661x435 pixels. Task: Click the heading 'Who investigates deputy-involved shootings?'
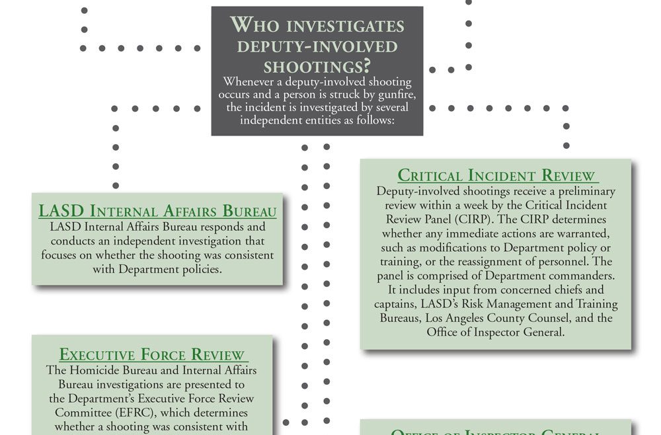tap(317, 46)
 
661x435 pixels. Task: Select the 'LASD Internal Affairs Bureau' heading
tap(157, 212)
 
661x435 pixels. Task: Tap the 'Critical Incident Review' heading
tap(497, 176)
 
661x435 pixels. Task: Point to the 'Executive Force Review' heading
tap(152, 355)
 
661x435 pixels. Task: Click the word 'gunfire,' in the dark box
tap(393, 95)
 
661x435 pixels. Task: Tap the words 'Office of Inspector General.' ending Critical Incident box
tap(496, 332)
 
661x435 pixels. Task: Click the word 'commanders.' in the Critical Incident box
tap(580, 276)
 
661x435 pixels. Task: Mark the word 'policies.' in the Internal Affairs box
tap(200, 269)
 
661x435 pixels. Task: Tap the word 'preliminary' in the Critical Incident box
tap(582, 191)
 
